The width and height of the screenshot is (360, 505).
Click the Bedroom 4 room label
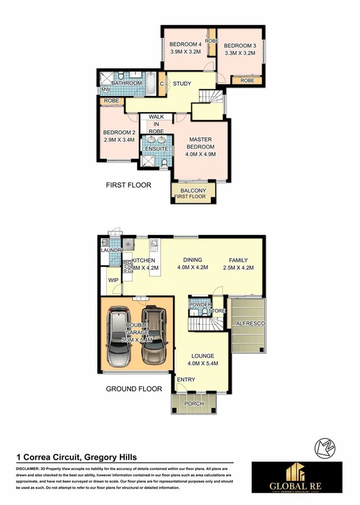(x=186, y=44)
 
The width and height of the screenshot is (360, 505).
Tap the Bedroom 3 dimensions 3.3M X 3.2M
(x=240, y=53)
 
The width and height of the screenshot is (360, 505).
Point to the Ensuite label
(x=156, y=148)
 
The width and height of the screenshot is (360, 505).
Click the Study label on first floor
(x=181, y=84)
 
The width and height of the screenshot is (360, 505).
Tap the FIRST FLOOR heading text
(x=128, y=185)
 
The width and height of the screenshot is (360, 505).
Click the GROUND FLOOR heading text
(x=134, y=389)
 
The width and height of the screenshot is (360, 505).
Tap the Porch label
(x=194, y=404)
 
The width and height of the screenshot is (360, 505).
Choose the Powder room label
(x=196, y=305)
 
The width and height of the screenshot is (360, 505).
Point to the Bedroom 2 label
(x=119, y=132)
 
